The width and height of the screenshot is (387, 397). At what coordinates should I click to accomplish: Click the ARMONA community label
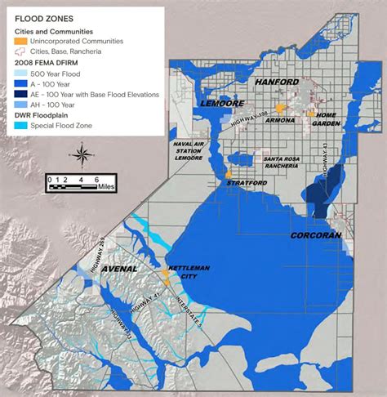(x=280, y=119)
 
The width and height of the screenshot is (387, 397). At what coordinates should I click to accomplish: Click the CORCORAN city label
(x=315, y=234)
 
